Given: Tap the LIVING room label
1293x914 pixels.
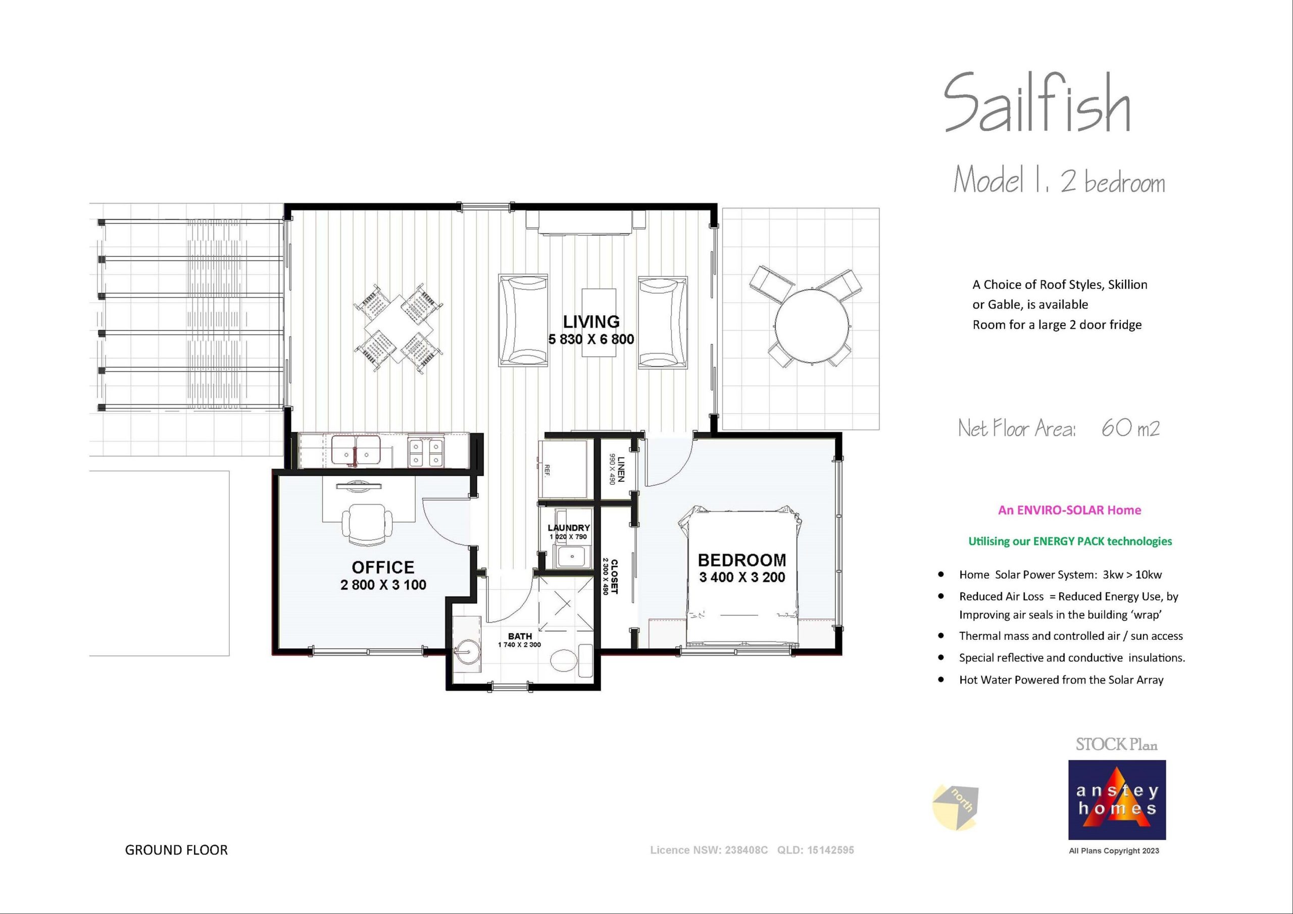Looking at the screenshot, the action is click(x=591, y=322).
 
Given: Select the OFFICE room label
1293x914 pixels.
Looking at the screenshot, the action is click(x=383, y=567).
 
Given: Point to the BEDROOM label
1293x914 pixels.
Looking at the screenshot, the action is click(x=741, y=561).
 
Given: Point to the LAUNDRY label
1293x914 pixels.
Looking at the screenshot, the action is click(x=569, y=528).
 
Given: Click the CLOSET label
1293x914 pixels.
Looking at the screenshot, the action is click(x=614, y=576).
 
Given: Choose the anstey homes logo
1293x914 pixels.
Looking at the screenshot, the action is click(x=1117, y=800).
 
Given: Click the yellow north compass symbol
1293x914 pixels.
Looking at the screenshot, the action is click(x=955, y=807).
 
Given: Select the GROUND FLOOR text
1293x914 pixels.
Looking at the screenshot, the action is click(x=176, y=850).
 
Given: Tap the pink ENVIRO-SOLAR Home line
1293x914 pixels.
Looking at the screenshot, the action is click(x=1069, y=510).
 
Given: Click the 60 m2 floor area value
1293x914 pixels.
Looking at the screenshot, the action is click(x=1130, y=429).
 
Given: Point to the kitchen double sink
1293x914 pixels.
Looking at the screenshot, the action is click(x=356, y=450).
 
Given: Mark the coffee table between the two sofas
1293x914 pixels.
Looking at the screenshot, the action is click(x=599, y=322).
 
